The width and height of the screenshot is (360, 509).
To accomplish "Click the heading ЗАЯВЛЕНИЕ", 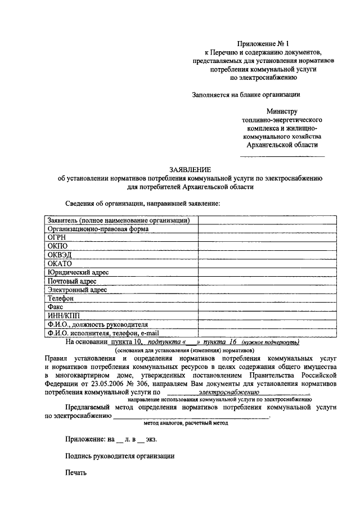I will point(191,170).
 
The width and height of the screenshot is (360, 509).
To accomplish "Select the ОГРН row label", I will point(58,237).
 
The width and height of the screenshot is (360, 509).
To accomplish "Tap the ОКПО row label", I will point(58,246).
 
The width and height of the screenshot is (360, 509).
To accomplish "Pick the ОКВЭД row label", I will point(60,255).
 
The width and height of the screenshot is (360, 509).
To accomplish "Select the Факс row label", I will point(56,307).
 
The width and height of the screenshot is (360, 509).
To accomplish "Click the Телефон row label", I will point(61,298).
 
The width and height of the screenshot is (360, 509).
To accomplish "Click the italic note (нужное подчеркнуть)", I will point(271,342).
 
